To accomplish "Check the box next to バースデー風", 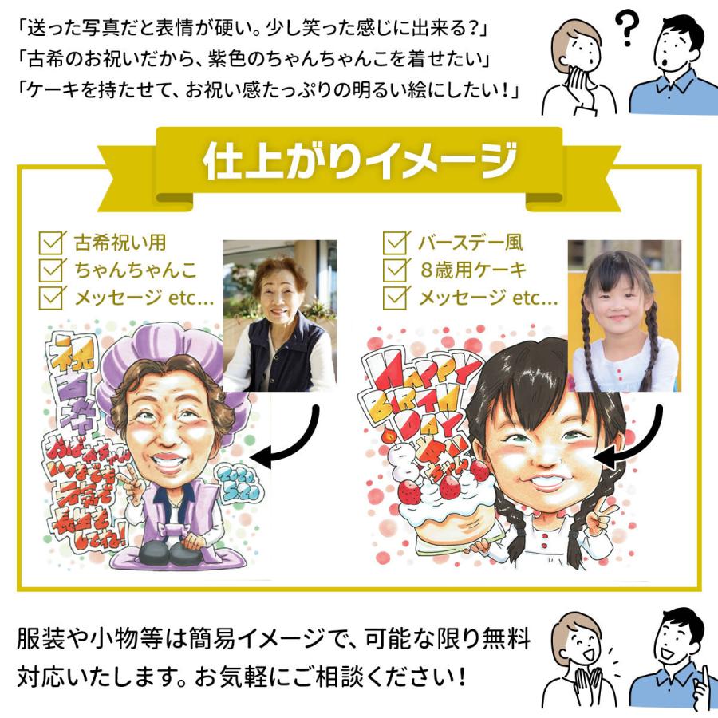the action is click(x=396, y=242).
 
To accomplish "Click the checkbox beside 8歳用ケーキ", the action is click(x=396, y=269).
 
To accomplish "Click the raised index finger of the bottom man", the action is click(x=702, y=665).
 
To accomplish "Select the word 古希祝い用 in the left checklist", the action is click(x=120, y=242).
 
